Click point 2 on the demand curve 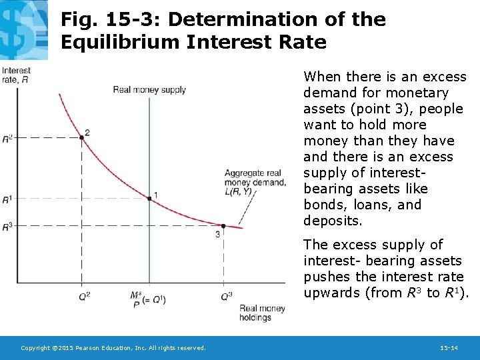tap(81, 137)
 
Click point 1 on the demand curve tap(149, 198)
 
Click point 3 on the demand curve tap(223, 225)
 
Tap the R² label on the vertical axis tap(7, 138)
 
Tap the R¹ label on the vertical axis tap(7, 199)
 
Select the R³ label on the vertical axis tap(7, 227)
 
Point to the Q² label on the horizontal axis tap(84, 295)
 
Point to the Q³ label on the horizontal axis tap(226, 295)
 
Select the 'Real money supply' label tap(149, 90)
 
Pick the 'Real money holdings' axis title tap(262, 313)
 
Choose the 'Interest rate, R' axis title tap(16, 75)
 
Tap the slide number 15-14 tap(449, 348)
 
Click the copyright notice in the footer tap(113, 348)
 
